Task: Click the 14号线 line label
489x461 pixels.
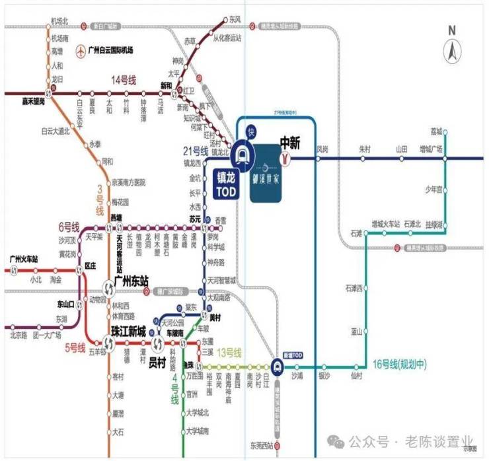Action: coord(123,81)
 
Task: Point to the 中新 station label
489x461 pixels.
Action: coord(291,142)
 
